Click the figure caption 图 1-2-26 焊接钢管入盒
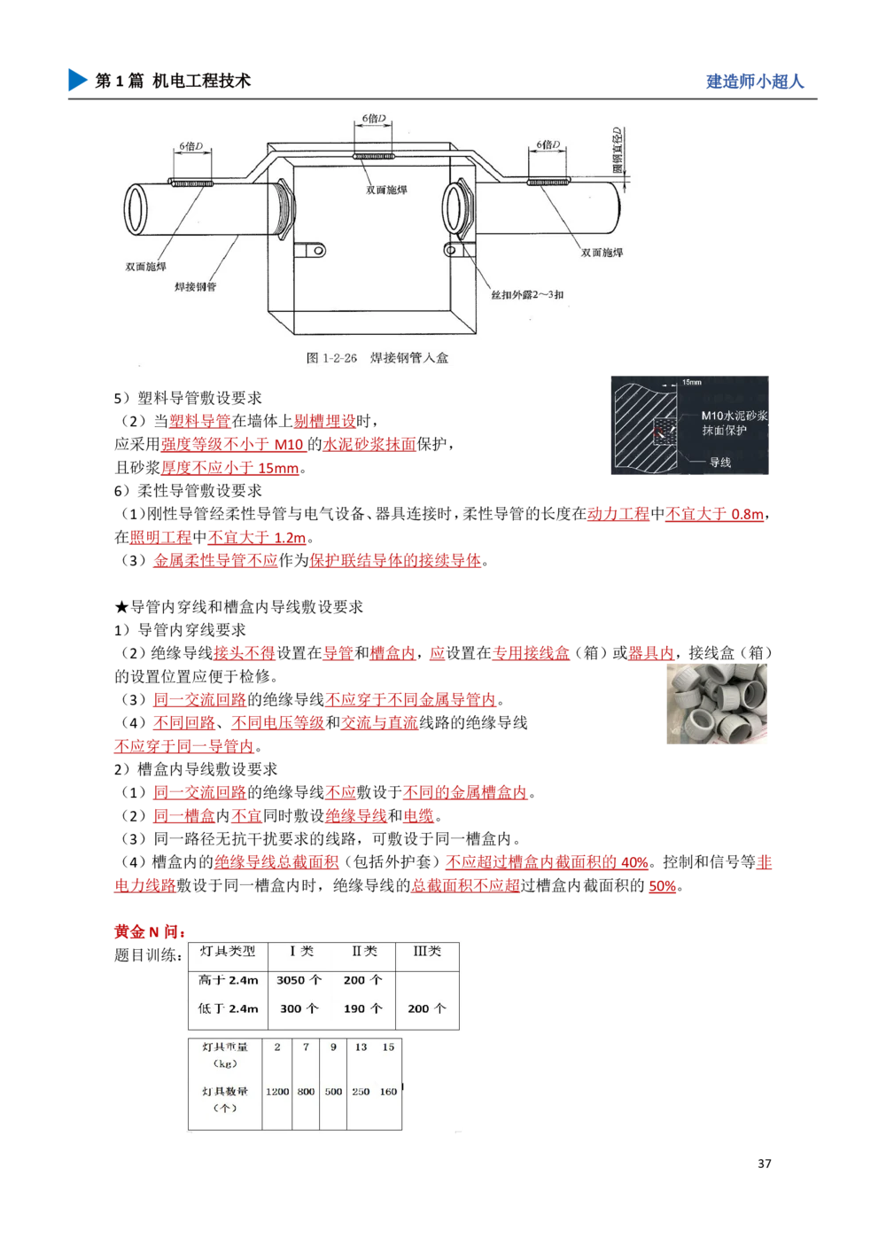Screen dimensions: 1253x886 point(377,358)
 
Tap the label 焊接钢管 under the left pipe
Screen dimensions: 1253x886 point(195,287)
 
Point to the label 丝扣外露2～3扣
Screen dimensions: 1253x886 point(527,294)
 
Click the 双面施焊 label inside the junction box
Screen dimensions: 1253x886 point(386,190)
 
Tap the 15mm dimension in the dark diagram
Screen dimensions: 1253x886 point(692,383)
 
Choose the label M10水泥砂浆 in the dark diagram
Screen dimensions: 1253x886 point(734,415)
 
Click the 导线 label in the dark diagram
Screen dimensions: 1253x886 point(719,462)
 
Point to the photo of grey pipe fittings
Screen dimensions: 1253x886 point(719,701)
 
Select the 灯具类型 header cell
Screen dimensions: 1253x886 point(228,951)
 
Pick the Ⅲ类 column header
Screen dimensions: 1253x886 point(427,951)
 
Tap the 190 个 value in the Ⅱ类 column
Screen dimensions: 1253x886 point(362,1008)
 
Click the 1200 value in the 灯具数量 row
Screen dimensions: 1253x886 point(277,1092)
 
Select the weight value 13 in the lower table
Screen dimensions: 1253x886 point(361,1047)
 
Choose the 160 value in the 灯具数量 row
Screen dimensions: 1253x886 point(388,1092)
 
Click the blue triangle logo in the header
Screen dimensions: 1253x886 point(77,79)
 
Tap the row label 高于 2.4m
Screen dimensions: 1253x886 point(229,980)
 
